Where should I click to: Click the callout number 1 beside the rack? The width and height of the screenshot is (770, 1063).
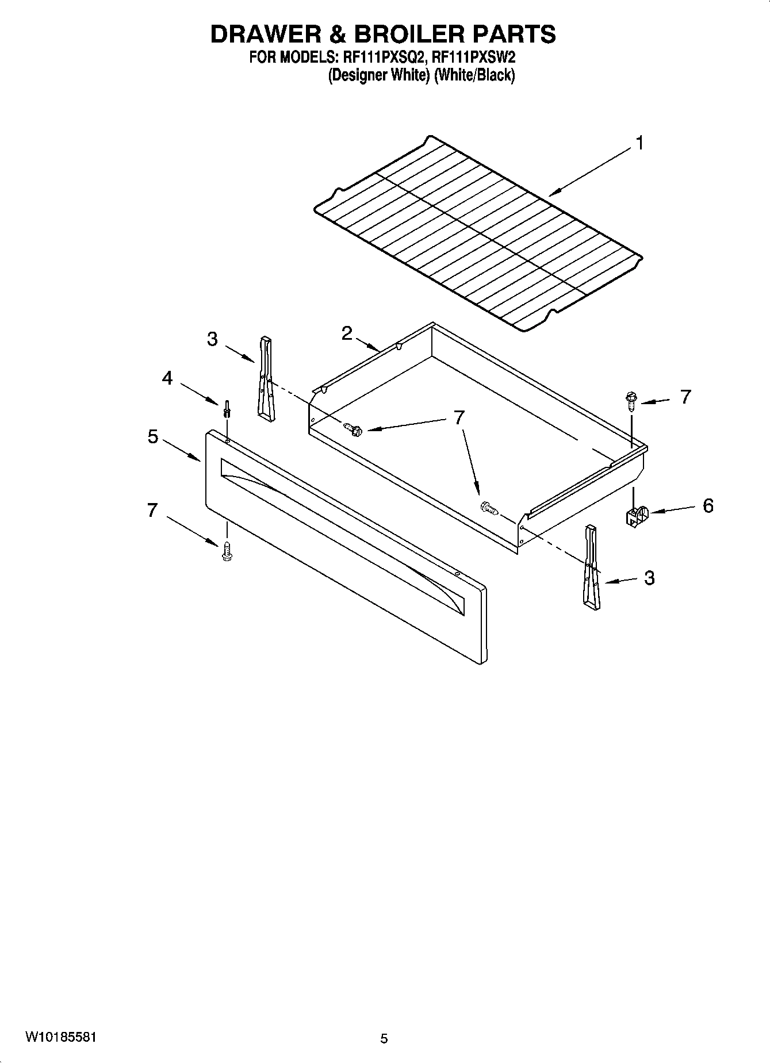click(640, 143)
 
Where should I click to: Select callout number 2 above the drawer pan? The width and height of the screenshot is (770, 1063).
click(346, 333)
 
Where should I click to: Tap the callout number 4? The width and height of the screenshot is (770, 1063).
click(167, 378)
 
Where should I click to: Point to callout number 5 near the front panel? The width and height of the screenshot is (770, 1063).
click(152, 436)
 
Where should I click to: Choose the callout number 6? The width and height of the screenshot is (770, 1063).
click(708, 506)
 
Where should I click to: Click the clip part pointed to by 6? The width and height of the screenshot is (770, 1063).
click(636, 516)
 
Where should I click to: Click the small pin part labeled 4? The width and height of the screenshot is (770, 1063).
click(227, 409)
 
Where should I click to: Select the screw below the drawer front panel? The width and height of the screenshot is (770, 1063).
click(227, 551)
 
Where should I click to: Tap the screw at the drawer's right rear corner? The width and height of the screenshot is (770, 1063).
click(631, 400)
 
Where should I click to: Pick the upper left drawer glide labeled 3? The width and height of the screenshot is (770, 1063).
click(266, 379)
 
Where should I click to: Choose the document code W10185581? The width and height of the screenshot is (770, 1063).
click(60, 1037)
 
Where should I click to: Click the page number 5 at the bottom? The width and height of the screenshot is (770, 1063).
click(384, 1038)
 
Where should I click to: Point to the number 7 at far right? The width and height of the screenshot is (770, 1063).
click(685, 397)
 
